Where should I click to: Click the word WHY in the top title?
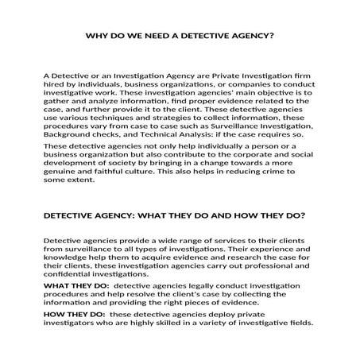pyautogui.click(x=94, y=36)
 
